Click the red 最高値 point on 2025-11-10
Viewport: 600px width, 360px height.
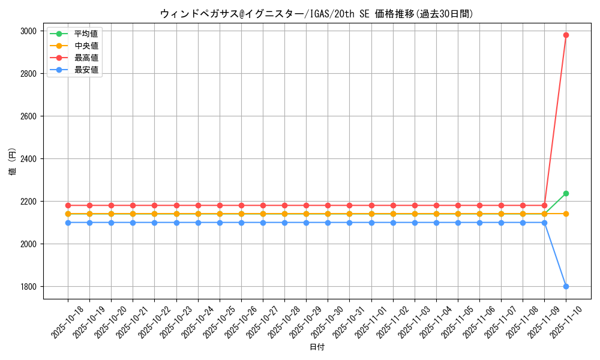coord(566,35)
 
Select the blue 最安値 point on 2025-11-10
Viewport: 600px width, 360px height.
coord(566,286)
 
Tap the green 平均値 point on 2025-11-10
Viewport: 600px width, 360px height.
coord(566,193)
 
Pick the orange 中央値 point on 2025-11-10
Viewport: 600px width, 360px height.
coord(566,214)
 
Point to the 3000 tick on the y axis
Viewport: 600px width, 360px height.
coord(29,31)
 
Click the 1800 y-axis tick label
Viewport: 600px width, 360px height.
coord(29,287)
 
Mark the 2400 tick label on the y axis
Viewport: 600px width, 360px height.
coord(29,159)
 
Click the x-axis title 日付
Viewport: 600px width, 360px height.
coord(317,347)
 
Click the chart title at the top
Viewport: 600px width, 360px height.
coord(317,13)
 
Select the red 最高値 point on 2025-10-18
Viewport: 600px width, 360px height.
coord(68,205)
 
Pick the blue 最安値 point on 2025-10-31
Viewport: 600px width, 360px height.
coord(349,223)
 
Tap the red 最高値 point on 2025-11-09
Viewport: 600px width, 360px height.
coord(544,205)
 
